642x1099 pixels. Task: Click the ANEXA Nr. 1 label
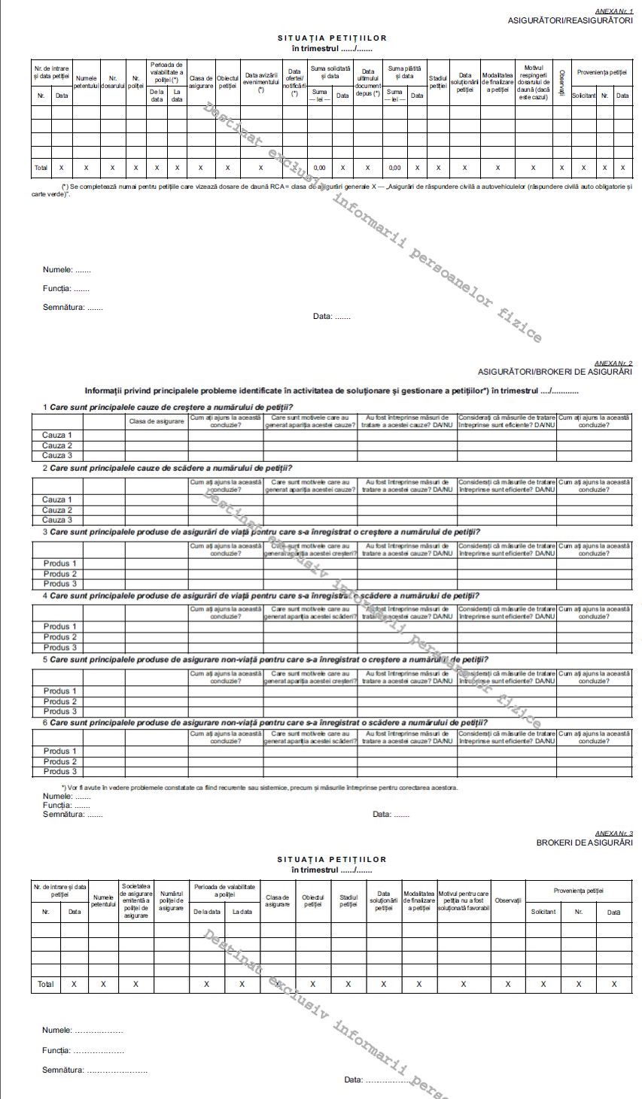click(614, 11)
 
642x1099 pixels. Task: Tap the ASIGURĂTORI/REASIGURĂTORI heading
click(570, 20)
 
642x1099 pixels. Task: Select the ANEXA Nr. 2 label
click(614, 363)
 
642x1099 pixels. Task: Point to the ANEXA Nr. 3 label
click(614, 833)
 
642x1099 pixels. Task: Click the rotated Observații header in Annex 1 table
click(561, 77)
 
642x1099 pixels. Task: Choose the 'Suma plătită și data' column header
click(405, 72)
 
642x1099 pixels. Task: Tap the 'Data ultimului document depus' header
click(367, 83)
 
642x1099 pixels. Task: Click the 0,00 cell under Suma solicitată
click(319, 168)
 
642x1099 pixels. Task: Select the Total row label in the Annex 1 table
click(41, 168)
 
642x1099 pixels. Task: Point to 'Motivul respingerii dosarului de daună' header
click(533, 83)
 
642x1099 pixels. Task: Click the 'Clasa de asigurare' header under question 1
click(157, 421)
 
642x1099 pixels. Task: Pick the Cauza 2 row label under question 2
click(57, 510)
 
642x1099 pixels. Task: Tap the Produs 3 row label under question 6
click(59, 771)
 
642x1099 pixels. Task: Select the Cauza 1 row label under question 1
click(57, 435)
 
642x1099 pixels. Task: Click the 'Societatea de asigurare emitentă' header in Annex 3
click(135, 900)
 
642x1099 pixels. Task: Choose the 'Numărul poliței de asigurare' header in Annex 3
click(172, 900)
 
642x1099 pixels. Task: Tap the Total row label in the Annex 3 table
click(45, 984)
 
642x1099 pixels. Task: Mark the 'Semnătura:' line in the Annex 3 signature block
click(94, 1070)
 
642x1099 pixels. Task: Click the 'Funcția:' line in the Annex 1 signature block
click(66, 288)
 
